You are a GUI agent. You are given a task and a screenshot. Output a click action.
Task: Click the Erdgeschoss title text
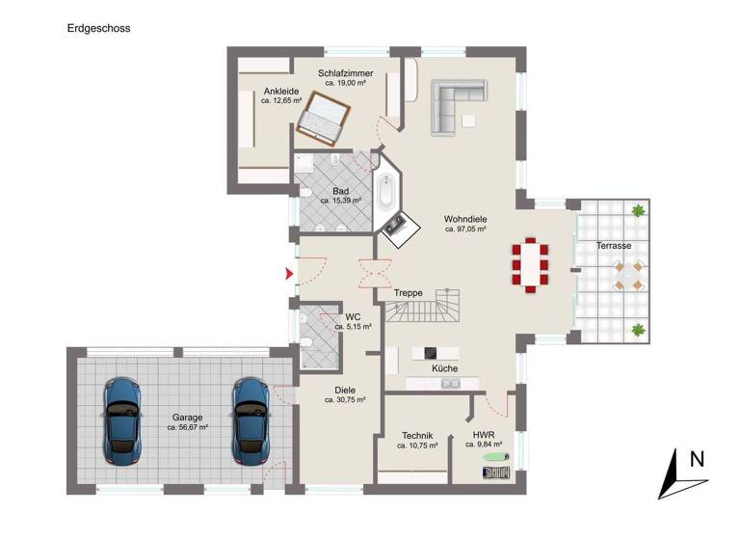point(98,28)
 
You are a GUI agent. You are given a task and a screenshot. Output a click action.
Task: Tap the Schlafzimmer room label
point(346,73)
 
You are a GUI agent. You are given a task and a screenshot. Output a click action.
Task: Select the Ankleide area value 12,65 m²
point(282,100)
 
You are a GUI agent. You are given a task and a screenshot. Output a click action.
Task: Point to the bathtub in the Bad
point(387,192)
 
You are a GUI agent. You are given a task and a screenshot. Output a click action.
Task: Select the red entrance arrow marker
point(288,274)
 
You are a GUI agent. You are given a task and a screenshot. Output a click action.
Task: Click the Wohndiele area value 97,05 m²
point(465,229)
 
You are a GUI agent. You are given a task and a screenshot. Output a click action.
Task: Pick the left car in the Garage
point(122,417)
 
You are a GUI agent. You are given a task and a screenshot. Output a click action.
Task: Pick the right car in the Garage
point(251,417)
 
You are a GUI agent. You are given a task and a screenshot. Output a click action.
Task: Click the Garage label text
point(188,417)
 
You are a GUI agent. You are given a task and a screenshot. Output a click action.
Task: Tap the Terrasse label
point(614,246)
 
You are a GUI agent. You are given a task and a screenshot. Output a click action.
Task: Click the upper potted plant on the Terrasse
point(638,209)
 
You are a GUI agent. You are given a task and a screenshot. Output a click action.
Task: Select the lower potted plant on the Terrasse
point(638,330)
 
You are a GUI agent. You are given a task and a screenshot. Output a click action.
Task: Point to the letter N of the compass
point(697,460)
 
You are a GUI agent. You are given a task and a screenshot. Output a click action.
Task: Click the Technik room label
point(417,435)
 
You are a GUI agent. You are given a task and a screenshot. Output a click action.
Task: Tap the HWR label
point(484,435)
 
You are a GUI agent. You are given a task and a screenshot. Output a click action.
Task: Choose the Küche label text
point(445,368)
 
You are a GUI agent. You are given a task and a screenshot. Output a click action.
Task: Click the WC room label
point(353,315)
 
